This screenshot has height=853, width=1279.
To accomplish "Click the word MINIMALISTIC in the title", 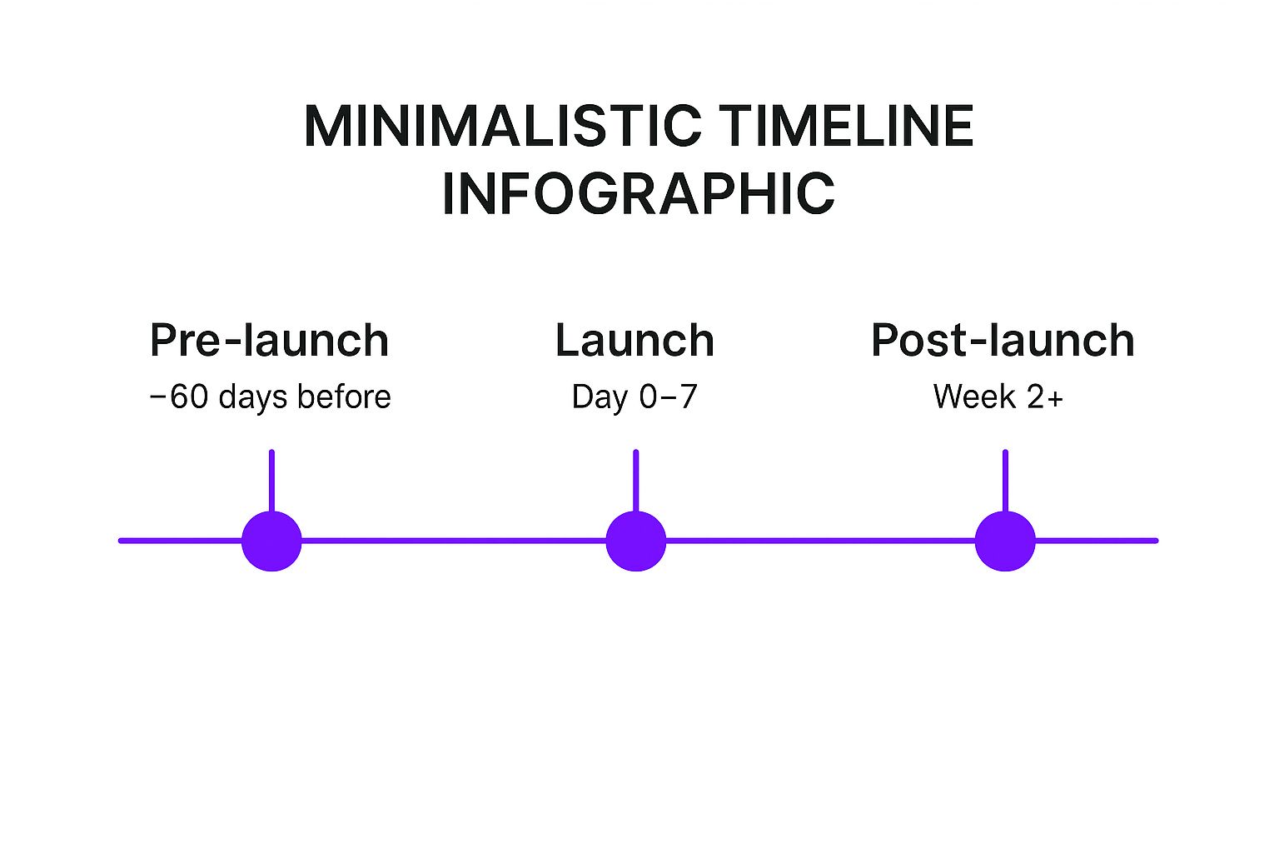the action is point(502,127).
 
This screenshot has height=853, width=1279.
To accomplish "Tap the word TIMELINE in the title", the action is point(846,127).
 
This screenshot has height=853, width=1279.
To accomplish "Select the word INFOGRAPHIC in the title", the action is point(639,193).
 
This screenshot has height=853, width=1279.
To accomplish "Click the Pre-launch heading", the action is point(270,341).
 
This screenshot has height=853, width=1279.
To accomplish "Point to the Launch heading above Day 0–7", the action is point(635,341).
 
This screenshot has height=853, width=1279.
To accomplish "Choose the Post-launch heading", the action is point(1003,341).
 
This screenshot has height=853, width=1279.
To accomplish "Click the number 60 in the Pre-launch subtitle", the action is point(189,397).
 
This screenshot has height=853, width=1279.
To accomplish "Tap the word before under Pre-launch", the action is point(344,396).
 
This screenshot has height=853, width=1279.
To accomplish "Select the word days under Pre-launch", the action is point(253,398).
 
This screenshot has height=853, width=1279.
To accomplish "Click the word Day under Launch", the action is point(600,398).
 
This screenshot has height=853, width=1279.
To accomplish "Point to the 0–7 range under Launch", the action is point(668,397).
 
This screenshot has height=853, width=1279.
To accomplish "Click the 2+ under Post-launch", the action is point(1045,397).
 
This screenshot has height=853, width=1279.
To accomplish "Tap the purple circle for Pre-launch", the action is point(271,541).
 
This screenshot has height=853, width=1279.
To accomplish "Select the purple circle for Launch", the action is point(636,541).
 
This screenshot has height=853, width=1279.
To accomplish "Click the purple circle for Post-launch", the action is point(1005,541).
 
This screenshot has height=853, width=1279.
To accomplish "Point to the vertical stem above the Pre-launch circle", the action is point(271,481).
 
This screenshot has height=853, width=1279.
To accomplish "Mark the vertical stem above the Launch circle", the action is point(636,481).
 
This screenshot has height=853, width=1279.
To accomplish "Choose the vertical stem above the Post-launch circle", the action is point(1006,481).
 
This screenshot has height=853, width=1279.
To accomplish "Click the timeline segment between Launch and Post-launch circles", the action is point(820,541).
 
